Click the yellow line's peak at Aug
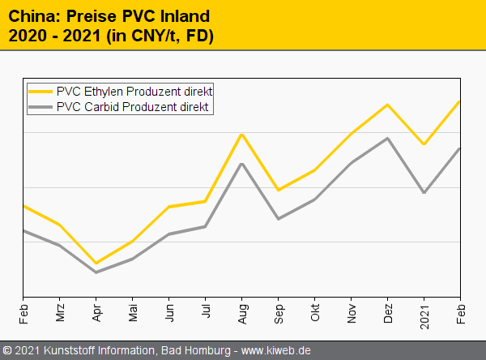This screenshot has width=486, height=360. [242, 135]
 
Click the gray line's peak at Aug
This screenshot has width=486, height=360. [242, 164]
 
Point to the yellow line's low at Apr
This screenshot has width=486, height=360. [96, 263]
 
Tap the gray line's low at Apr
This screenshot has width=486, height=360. [96, 272]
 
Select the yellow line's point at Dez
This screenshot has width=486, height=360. [388, 105]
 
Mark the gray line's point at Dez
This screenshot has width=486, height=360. [388, 138]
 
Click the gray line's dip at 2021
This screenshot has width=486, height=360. [424, 192]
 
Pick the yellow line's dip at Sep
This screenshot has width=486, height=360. [279, 190]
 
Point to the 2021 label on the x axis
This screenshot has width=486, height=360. [424, 312]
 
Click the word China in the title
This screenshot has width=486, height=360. [33, 15]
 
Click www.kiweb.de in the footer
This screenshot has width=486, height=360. [276, 350]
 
